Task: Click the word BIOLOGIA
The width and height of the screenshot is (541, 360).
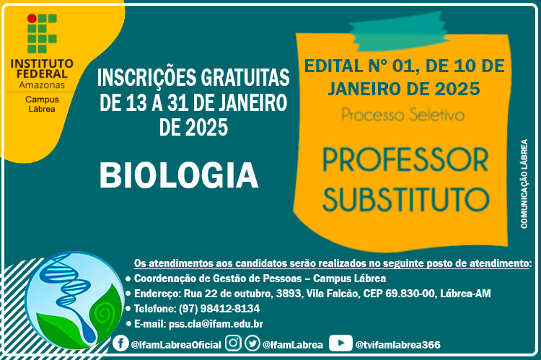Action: point(179,175)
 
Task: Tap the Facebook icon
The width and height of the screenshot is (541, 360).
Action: point(120,343)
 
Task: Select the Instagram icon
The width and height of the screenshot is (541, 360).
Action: point(233,343)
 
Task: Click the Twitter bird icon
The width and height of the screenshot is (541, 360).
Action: point(252,343)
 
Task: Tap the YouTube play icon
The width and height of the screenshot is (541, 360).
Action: point(340,343)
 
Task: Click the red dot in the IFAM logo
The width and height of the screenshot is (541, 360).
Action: point(32,18)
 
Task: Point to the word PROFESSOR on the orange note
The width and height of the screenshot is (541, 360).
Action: point(405,160)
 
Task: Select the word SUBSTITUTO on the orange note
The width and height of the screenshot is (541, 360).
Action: point(405,199)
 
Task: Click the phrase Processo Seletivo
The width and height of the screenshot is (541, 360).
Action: point(403,115)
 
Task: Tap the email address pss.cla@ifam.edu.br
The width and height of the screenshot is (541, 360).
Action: point(216,324)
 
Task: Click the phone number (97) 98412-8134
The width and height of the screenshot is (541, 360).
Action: point(219,309)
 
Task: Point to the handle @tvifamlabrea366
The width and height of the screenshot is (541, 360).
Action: point(397,345)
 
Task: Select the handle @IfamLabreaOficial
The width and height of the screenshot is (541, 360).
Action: point(176,345)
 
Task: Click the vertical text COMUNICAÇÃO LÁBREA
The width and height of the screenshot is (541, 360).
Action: point(524,184)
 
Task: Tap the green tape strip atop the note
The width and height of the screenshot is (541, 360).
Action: point(398,32)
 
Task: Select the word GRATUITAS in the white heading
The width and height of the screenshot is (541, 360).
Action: point(245,77)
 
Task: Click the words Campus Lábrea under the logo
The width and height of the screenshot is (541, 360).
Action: point(42,104)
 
